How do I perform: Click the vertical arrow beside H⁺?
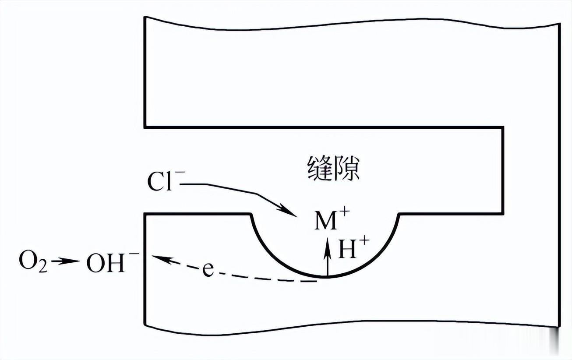pyautogui.click(x=327, y=258)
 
